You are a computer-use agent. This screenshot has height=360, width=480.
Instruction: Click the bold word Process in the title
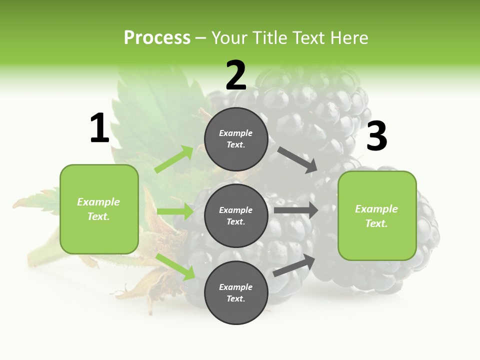pos(157,37)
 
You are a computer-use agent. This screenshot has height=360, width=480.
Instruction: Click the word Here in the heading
pos(348,37)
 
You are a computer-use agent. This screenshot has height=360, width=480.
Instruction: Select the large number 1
pos(99,128)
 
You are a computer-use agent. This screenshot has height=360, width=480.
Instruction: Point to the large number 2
pos(236,75)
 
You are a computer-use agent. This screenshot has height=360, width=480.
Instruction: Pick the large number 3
pos(376,136)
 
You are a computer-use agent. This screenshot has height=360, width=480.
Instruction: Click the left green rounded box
pos(99,209)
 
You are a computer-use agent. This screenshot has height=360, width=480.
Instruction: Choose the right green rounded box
pos(377,215)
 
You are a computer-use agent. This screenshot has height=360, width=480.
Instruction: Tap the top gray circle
pos(236,139)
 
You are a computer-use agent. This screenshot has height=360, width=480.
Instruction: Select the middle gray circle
pos(236,215)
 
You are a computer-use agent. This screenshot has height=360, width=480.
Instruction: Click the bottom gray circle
pos(236,292)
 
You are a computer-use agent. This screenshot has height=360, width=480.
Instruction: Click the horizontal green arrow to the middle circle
pos(175,211)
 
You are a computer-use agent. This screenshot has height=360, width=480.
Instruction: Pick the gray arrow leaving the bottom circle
pos(294,265)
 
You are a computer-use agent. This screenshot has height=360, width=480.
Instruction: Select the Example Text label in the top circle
pos(236,139)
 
